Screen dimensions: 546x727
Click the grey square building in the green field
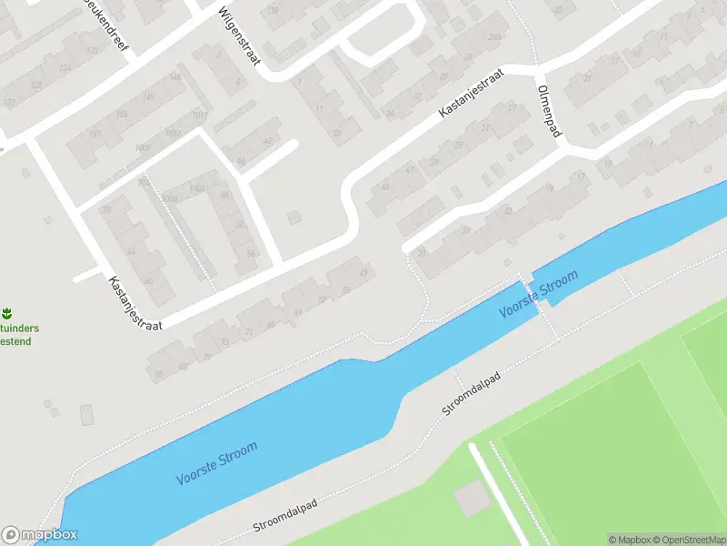[471, 497]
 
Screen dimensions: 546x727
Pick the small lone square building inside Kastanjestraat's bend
[294, 217]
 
